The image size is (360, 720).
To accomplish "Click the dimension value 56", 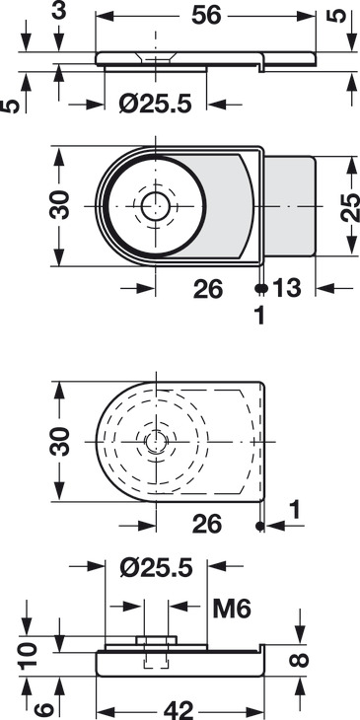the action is (x=206, y=16).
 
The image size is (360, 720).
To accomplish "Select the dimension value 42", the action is (x=180, y=710).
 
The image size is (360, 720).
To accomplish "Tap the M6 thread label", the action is (x=232, y=610).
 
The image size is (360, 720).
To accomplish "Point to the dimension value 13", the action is (x=287, y=288).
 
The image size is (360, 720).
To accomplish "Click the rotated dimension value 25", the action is (x=351, y=207).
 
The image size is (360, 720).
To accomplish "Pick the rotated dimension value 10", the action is (x=29, y=657).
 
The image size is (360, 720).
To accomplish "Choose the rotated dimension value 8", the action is (x=300, y=660).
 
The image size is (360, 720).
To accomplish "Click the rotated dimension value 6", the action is (x=44, y=709).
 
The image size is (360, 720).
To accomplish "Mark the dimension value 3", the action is (x=58, y=11).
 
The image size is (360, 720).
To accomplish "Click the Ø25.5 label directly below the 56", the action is (x=155, y=105).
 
